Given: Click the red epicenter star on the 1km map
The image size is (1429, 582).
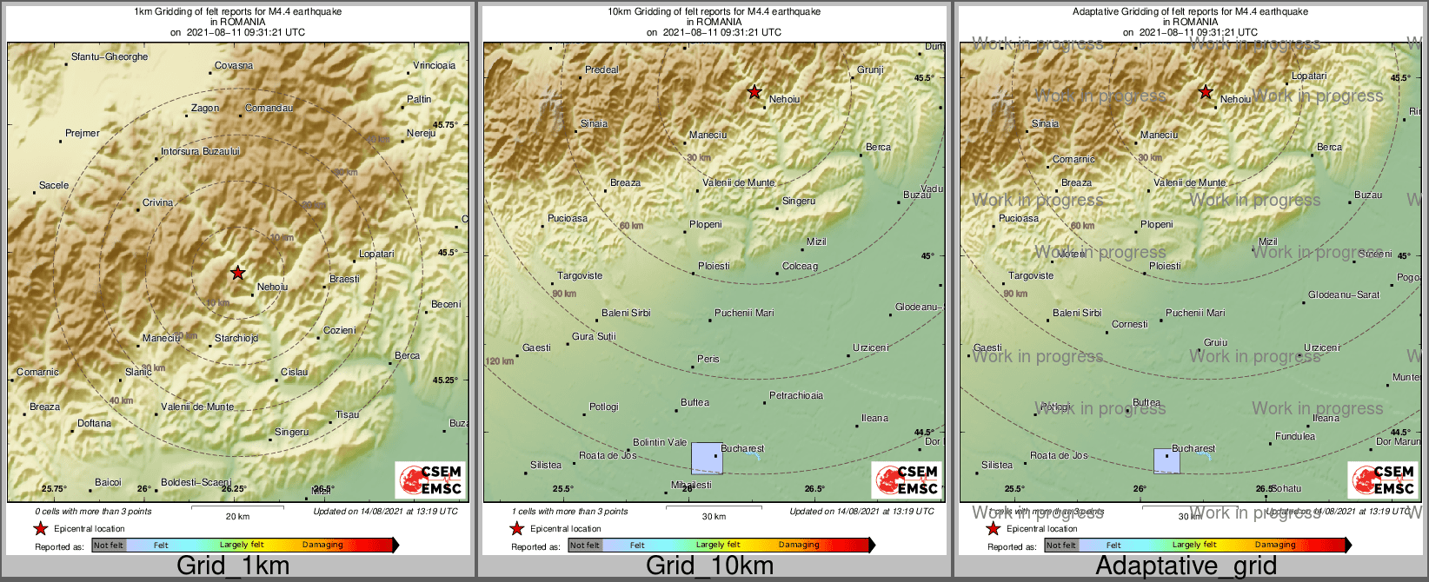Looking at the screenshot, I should [x=237, y=273].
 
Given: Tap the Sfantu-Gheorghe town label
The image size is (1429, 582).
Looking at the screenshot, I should [x=110, y=57].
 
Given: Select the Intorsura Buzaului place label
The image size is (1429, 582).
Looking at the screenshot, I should [x=200, y=152].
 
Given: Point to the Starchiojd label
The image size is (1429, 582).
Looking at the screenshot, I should [x=236, y=339].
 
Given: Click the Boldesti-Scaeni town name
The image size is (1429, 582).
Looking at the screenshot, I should [x=196, y=483].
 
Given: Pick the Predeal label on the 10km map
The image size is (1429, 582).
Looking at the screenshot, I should [x=602, y=70].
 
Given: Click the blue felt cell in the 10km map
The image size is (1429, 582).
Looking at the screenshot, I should [x=706, y=458].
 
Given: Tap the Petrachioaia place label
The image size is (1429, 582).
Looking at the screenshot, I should [x=796, y=396].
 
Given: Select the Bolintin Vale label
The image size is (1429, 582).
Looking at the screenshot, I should [x=660, y=443].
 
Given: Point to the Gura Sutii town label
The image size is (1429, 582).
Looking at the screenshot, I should [x=594, y=337].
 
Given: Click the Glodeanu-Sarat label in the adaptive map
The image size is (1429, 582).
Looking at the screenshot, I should [x=1344, y=295].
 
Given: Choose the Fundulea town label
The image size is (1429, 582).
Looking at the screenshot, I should [x=1295, y=437].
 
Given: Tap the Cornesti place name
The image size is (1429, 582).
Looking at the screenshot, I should [x=1130, y=325].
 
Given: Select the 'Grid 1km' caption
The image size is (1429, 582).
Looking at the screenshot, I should [x=233, y=566].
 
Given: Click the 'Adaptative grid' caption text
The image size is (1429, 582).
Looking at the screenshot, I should [x=1186, y=566].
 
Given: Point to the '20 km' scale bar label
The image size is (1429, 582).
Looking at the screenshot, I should [x=237, y=517].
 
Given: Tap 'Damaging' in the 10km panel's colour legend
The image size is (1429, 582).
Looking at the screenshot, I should [x=799, y=546].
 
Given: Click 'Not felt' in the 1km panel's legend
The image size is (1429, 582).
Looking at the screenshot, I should [x=109, y=546].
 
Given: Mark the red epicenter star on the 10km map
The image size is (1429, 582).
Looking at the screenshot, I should [x=754, y=92].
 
